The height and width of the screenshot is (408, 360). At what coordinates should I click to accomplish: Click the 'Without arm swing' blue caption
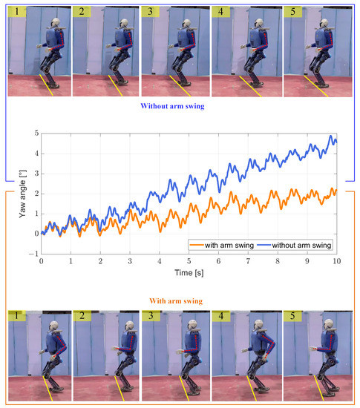click(x=180, y=106)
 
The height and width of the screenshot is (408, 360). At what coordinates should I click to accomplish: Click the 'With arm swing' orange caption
click(x=180, y=301)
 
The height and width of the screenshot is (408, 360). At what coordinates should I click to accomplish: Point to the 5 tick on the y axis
click(x=35, y=134)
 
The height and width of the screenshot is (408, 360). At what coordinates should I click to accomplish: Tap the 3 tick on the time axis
click(x=130, y=261)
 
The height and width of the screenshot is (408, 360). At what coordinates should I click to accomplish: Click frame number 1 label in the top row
click(x=14, y=12)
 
